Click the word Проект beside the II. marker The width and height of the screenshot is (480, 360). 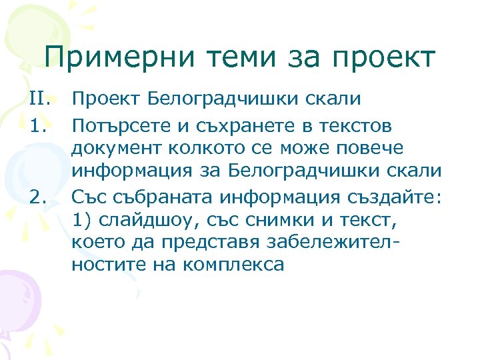(106, 100)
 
